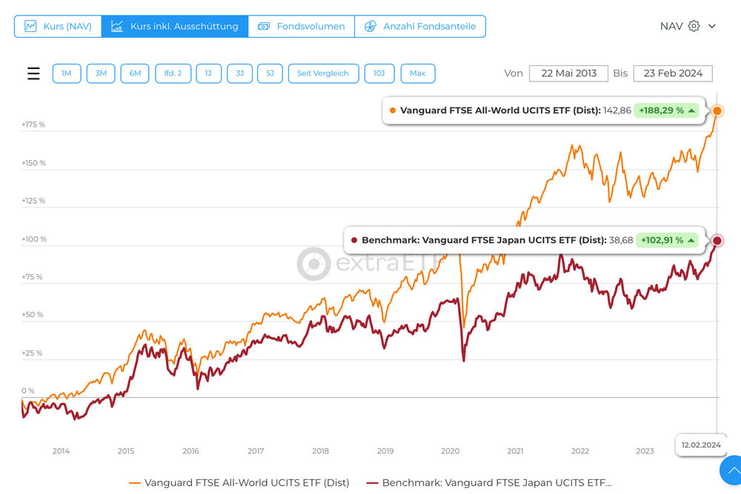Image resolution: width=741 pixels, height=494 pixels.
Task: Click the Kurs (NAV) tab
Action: click(x=58, y=26)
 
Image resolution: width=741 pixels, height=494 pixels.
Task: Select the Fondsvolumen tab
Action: click(x=302, y=26)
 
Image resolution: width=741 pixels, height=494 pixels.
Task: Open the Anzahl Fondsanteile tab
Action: click(x=420, y=26)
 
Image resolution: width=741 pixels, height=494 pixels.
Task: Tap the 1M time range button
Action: click(x=67, y=73)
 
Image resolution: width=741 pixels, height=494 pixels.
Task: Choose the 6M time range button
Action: click(x=135, y=73)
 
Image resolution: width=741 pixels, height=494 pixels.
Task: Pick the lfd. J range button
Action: click(x=173, y=73)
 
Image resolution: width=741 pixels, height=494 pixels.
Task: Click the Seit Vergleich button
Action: click(x=323, y=73)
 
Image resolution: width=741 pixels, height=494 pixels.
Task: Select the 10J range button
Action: click(x=379, y=73)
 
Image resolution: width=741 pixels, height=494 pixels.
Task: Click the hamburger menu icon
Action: click(x=33, y=73)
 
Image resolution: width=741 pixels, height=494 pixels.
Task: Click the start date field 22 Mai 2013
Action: click(x=568, y=73)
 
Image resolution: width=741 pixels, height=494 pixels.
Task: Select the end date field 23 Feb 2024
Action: click(x=673, y=73)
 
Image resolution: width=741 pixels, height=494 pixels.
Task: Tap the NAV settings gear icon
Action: click(x=694, y=26)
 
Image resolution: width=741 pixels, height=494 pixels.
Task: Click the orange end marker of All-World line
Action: click(x=717, y=111)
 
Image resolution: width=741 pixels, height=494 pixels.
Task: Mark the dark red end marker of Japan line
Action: click(x=717, y=241)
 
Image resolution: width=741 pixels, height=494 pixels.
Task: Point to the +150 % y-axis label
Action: click(x=33, y=163)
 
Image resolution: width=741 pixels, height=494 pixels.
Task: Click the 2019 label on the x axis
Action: click(x=385, y=451)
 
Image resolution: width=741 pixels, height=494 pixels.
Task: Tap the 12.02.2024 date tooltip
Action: click(x=700, y=445)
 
